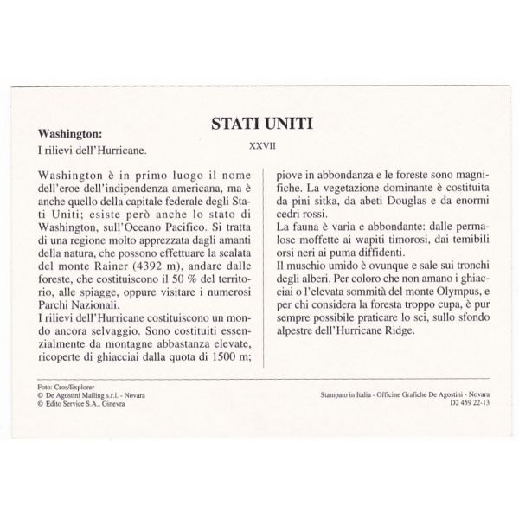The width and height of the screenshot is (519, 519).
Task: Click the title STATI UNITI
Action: click(260, 125)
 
